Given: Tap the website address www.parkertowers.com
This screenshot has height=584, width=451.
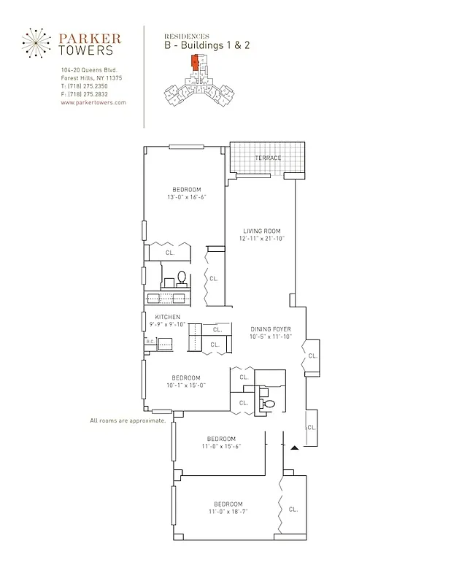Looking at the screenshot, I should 93,103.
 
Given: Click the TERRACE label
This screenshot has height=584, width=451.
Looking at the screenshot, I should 267,158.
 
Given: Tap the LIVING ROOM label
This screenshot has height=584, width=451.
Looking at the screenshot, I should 262,231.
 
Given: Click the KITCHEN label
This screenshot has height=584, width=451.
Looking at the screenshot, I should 167,317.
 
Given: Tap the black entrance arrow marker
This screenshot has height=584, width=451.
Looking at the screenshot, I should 295,447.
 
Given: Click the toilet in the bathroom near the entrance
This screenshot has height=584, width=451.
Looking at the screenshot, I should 266,404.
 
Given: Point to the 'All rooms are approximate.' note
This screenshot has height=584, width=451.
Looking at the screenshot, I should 128,421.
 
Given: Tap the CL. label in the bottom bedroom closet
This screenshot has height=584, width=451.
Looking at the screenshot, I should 293,509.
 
